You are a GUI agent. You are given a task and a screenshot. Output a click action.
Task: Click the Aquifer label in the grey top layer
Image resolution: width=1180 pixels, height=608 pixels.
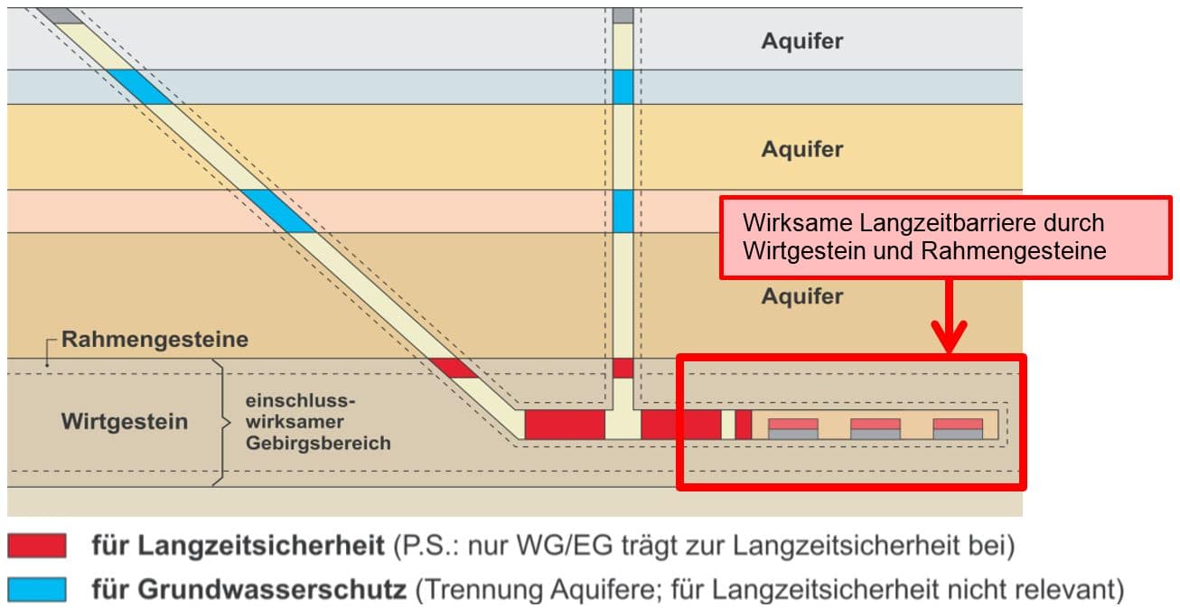[x=801, y=41]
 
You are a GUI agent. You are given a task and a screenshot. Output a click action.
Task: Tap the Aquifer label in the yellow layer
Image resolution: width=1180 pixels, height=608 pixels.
[x=801, y=150]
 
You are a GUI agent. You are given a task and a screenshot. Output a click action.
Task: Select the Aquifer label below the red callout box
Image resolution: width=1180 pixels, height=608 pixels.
[x=801, y=296]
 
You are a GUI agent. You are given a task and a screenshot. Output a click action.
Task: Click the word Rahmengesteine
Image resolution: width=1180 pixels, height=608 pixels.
[x=155, y=340]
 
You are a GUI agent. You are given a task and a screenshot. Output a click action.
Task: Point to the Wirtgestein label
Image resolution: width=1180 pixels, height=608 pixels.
[x=125, y=422]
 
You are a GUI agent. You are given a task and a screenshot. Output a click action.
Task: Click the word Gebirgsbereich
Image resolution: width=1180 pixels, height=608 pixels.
[x=318, y=443]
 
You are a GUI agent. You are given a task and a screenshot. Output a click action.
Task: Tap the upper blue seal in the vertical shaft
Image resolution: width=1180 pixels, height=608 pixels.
[x=623, y=87]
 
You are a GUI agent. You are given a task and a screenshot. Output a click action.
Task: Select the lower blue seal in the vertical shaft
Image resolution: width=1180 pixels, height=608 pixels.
[x=623, y=211]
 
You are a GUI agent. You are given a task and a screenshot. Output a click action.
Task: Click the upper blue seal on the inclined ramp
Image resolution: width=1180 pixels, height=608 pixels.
[x=139, y=87]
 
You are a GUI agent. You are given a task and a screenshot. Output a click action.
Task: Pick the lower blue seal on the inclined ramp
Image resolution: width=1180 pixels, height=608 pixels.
[x=278, y=211]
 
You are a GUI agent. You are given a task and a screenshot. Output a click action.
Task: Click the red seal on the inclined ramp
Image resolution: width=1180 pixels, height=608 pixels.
[x=454, y=369]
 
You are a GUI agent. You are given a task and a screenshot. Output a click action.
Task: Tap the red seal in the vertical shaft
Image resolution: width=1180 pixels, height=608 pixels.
[x=623, y=369]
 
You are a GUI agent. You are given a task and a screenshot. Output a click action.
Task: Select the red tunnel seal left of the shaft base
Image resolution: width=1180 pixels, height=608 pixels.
[x=565, y=425]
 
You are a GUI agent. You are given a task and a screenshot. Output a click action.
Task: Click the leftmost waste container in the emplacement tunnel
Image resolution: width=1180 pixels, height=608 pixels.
[x=792, y=429]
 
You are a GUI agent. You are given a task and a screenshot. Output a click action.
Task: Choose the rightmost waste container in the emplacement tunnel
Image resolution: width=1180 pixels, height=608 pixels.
[x=958, y=429]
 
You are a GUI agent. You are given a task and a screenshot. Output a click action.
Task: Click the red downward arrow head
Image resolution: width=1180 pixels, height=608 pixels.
[x=950, y=337]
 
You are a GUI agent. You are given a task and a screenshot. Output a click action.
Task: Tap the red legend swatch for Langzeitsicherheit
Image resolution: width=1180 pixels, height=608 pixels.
[x=37, y=546]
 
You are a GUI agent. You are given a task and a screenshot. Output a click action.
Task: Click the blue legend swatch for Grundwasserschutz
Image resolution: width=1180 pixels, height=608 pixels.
[x=37, y=589]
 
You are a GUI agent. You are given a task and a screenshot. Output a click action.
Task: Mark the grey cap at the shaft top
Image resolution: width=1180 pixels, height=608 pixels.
[x=623, y=15]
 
